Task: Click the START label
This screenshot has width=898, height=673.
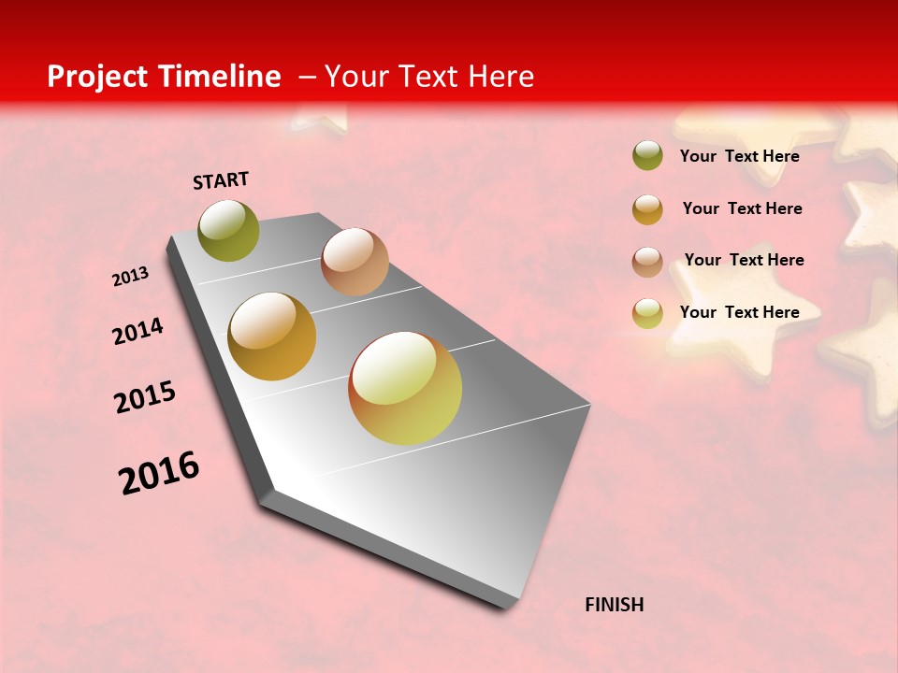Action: click(221, 180)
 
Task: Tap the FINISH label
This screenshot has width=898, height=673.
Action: click(614, 605)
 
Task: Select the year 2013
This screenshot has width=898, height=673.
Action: click(130, 277)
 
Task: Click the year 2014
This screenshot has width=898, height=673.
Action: click(138, 331)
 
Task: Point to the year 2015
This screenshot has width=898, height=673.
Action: click(145, 397)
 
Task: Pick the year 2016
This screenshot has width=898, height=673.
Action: click(159, 472)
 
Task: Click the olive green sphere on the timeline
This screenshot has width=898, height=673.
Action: click(229, 231)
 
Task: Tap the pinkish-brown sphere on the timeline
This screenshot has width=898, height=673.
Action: click(355, 262)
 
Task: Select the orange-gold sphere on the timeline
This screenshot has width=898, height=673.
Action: click(272, 336)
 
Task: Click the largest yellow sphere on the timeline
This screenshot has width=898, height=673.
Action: click(405, 388)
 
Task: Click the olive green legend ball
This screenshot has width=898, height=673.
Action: click(647, 155)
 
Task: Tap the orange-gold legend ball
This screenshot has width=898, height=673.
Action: click(647, 209)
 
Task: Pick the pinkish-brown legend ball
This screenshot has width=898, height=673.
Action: click(647, 262)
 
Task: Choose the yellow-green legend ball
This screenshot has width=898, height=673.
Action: click(647, 313)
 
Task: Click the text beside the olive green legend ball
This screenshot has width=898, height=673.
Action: click(739, 156)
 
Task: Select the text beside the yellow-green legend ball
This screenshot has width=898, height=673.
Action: click(739, 312)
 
